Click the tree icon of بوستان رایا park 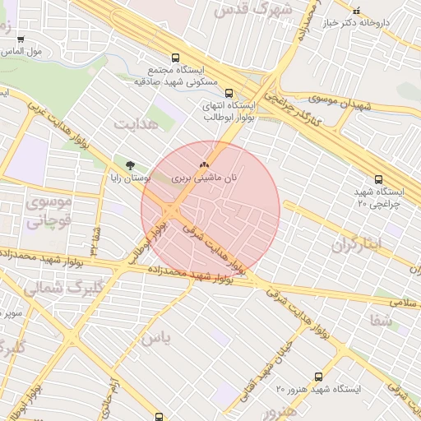130,164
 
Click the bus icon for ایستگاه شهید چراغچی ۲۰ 378,178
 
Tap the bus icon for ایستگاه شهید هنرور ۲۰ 318,377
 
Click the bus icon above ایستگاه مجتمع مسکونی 175,58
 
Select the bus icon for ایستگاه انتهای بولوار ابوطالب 229,93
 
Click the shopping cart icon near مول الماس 20,39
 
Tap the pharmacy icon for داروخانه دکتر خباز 356,11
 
